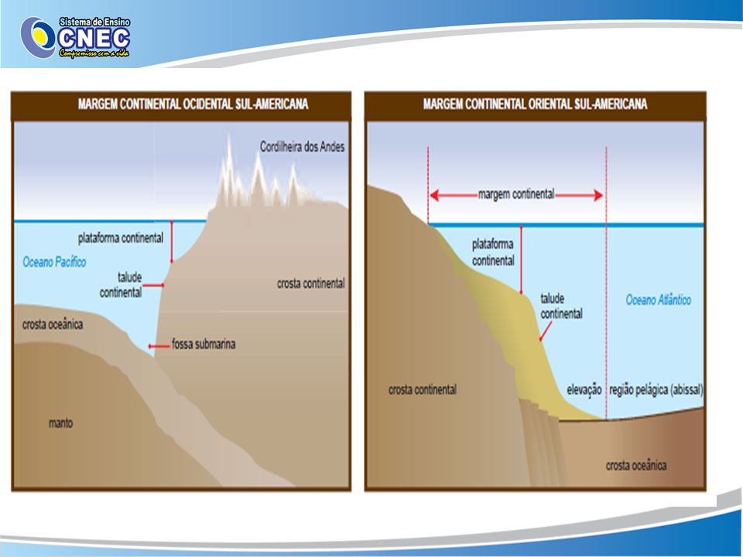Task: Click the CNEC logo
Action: coord(75,37)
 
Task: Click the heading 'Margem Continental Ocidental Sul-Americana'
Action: coord(193,104)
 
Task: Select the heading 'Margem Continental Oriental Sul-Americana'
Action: coord(535,104)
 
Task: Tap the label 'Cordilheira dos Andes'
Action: coord(303,146)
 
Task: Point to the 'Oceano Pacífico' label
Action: coord(54,262)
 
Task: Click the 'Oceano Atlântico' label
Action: coord(658,300)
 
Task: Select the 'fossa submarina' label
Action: coord(204,343)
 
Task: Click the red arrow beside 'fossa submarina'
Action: coord(159,347)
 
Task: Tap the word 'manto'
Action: coord(61,423)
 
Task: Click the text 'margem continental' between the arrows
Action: coord(516,194)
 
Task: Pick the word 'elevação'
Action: coord(584,390)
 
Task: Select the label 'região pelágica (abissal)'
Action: coord(656,390)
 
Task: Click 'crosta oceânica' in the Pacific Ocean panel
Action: coord(53,324)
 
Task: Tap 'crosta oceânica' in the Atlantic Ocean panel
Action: coord(636,466)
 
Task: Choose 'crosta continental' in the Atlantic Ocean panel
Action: coord(423,390)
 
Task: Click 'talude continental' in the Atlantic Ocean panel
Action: coord(562,306)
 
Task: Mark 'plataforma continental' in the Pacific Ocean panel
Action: coord(121,237)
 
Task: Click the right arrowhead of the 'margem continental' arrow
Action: coord(598,195)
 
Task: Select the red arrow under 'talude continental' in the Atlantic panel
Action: coord(546,332)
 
